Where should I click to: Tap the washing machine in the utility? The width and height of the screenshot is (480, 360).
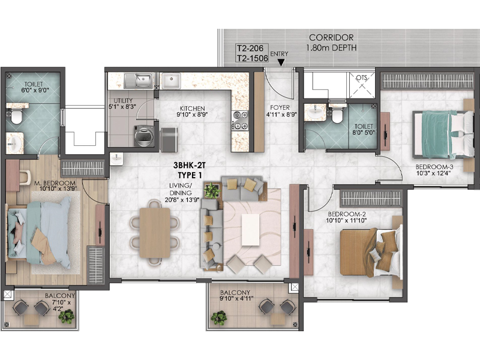coord(145,137)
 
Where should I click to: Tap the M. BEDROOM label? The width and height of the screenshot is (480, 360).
coord(55,182)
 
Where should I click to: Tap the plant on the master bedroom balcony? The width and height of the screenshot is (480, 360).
coord(67,316)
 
